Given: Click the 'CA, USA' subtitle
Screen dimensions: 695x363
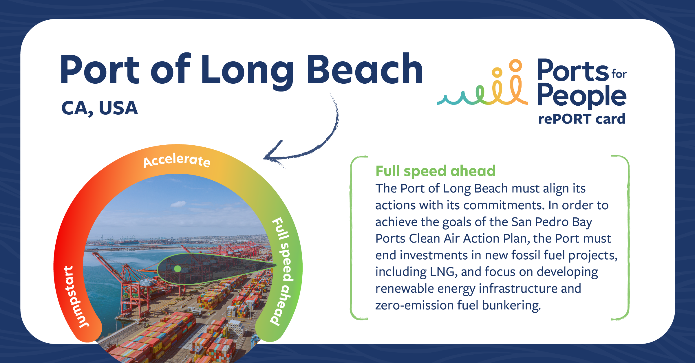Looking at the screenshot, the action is [100, 108].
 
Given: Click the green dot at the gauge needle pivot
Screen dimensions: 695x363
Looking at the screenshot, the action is [178, 269].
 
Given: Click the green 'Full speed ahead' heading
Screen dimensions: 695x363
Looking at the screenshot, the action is [436, 171].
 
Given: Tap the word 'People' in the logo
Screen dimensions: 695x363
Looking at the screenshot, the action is [582, 96].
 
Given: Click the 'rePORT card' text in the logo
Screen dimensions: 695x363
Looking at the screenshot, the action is [581, 119].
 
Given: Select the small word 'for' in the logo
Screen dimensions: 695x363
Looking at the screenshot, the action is [619, 74].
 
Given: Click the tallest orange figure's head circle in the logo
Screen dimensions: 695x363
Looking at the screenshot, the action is [515, 66].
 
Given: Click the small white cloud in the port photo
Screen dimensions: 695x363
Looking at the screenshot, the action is [178, 204].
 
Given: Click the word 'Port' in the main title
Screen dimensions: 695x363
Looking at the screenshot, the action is [100, 69].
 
